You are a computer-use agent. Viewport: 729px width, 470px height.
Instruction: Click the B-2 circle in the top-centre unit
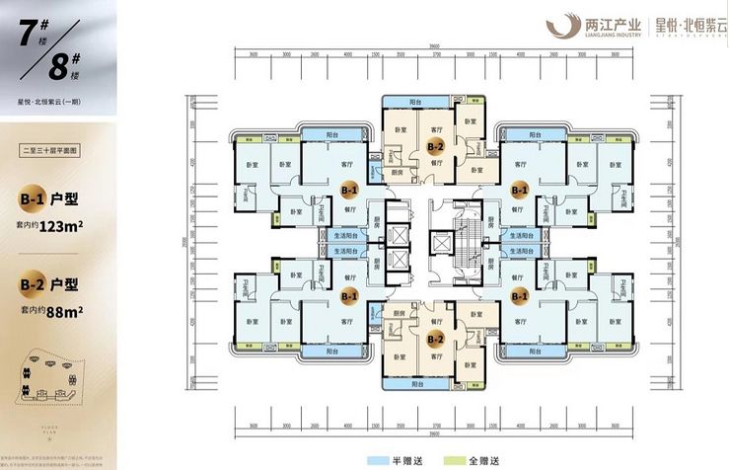point(434,145)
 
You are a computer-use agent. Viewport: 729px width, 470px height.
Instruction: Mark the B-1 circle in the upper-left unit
point(348,186)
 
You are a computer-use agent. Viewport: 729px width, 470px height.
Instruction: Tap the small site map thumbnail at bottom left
point(49,384)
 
